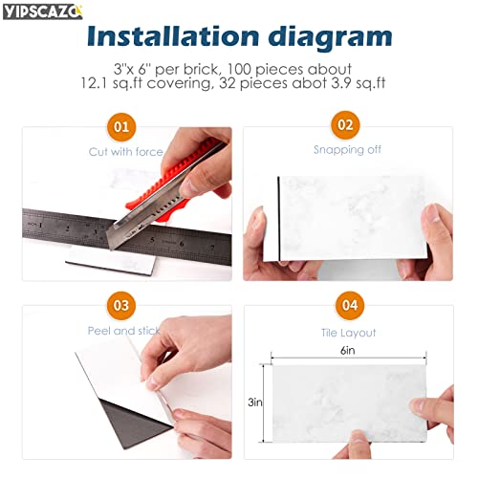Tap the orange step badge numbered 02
click(344, 124)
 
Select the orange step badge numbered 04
click(344, 306)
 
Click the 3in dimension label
click(254, 402)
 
